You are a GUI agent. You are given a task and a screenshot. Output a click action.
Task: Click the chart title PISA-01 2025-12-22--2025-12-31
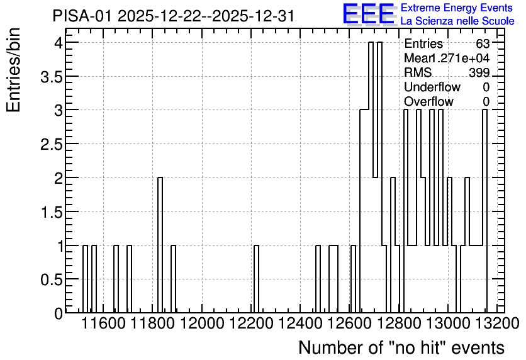point(174,16)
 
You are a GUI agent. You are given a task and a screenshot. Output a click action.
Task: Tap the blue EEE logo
point(369,14)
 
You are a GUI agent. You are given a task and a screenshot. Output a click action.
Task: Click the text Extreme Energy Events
point(457,8)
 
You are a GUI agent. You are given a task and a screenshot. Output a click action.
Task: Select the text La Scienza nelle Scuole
point(457,21)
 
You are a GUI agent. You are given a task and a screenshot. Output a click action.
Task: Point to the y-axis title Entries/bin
point(13,70)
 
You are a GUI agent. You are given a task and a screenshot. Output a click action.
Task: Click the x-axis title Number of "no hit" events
point(401,347)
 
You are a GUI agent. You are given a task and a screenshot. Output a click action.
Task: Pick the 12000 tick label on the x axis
point(202,323)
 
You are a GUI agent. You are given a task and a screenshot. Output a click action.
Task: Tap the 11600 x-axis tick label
point(104,323)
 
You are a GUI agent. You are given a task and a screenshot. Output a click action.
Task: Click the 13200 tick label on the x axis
point(498,323)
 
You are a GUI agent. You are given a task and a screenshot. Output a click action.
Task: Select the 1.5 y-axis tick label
point(52,213)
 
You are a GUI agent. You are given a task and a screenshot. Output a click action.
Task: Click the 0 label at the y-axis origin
point(59,313)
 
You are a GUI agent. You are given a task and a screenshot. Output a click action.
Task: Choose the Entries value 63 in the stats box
point(483,43)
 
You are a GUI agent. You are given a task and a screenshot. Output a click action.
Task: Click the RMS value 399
point(479,72)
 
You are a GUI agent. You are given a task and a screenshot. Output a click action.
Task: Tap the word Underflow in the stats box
point(432,87)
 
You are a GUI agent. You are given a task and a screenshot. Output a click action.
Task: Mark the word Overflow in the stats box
point(428,101)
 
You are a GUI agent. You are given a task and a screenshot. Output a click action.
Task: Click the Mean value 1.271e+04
point(459,58)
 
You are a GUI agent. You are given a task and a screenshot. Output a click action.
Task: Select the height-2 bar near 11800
point(160,245)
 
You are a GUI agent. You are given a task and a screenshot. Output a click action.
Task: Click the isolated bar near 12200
point(256,279)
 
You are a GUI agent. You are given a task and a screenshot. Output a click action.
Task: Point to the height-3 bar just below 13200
point(484,211)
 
